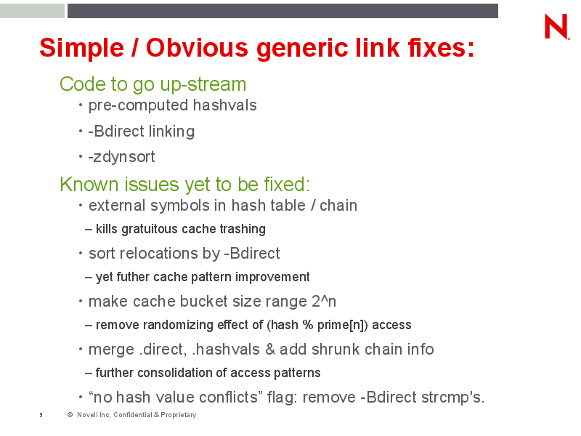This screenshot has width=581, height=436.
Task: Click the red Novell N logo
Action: click(556, 26)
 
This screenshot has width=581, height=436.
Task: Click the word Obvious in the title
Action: click(197, 48)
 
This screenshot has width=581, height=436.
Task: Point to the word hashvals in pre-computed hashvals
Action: click(224, 105)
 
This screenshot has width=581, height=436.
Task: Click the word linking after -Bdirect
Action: click(171, 132)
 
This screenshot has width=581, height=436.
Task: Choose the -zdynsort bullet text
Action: click(121, 157)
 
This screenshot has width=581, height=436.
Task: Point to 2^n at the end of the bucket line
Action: click(324, 302)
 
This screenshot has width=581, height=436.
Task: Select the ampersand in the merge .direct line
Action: click(270, 350)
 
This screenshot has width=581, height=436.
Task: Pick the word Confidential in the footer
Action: click(133, 415)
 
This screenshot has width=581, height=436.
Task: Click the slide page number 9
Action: click(41, 415)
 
